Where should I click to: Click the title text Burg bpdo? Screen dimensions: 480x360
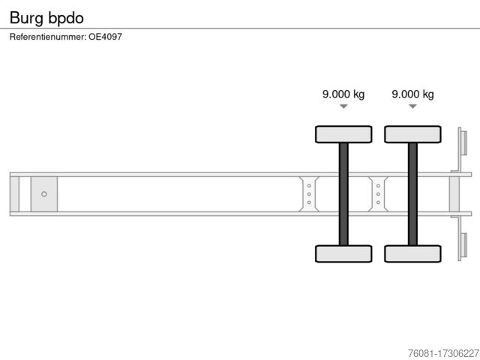[x=46, y=18]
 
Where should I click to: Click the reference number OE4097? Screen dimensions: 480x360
[x=105, y=37]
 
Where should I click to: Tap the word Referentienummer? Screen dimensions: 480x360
[x=48, y=37]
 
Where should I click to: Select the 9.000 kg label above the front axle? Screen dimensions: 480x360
[x=343, y=94]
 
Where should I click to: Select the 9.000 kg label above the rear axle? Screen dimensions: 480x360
[x=412, y=94]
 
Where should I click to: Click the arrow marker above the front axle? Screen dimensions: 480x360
[x=343, y=106]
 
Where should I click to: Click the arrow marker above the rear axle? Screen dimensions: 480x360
[x=412, y=106]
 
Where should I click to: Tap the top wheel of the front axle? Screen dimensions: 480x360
[x=343, y=134]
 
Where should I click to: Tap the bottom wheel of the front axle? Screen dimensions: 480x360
[x=343, y=253]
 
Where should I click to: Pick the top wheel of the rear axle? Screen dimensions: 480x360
[x=412, y=134]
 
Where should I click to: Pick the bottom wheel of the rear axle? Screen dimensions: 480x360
[x=412, y=253]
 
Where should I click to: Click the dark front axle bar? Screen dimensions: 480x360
[x=343, y=194]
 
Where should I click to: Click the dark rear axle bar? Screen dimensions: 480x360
[x=412, y=194]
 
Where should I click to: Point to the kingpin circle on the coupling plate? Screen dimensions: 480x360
[x=44, y=194]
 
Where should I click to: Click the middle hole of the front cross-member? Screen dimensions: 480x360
[x=309, y=194]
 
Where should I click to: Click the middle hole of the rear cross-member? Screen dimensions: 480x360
[x=378, y=194]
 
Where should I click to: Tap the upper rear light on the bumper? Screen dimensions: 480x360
[x=463, y=143]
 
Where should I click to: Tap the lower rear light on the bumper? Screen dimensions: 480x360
[x=463, y=245]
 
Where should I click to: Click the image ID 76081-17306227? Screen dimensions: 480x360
[x=443, y=353]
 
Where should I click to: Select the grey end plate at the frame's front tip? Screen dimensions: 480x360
[x=14, y=194]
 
